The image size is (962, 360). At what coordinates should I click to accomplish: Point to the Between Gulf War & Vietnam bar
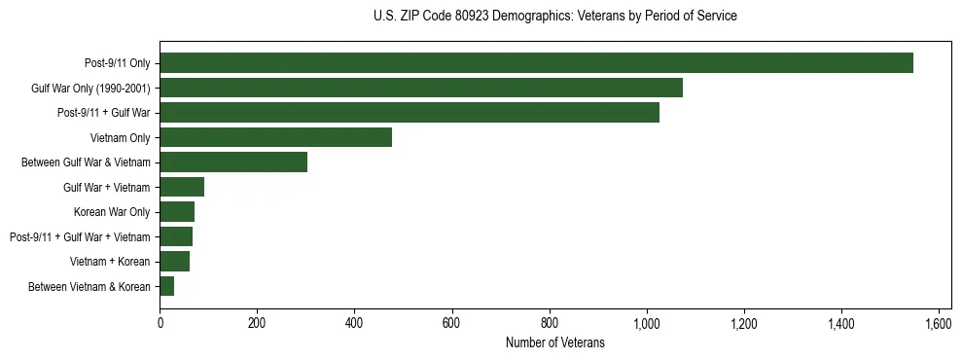point(233,162)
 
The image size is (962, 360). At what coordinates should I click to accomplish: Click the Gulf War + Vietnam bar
point(182,187)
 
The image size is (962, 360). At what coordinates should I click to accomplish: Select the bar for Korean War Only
point(177,212)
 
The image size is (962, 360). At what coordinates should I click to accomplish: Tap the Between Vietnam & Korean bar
point(166,286)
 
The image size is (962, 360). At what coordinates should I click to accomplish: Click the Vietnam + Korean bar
point(174,262)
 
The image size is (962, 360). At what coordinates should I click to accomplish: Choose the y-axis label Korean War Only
point(112,212)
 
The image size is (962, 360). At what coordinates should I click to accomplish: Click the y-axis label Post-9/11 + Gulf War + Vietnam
point(80,236)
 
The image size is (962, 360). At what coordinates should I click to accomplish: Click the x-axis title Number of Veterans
point(554,342)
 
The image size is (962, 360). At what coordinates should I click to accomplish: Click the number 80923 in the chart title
point(471,17)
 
